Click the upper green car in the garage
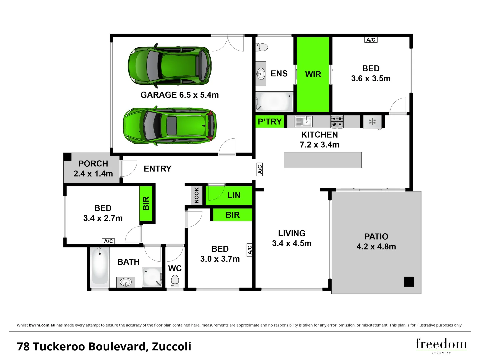click(x=170, y=66)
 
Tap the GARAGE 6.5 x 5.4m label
click(x=179, y=95)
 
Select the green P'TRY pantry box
click(x=270, y=122)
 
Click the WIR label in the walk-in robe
click(x=313, y=74)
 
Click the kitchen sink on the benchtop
click(x=303, y=121)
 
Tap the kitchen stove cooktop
click(x=337, y=121)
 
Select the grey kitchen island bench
click(x=323, y=160)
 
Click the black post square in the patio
click(x=409, y=282)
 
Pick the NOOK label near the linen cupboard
click(x=197, y=195)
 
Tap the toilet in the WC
click(x=175, y=281)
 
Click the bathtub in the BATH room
click(x=100, y=267)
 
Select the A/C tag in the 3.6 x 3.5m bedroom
click(x=371, y=40)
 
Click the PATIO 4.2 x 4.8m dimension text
click(x=376, y=247)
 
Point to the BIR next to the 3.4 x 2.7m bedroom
click(x=146, y=203)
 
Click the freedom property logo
click(x=441, y=345)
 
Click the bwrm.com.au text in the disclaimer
click(x=42, y=325)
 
